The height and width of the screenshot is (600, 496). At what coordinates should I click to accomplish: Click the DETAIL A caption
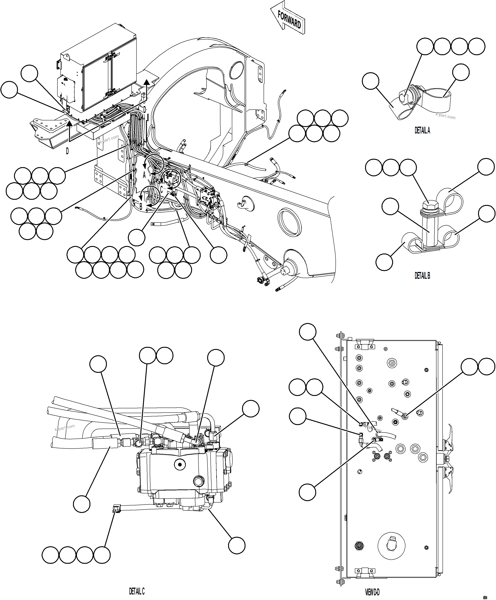pos(422,130)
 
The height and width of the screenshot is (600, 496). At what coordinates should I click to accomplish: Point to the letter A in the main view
pos(144,175)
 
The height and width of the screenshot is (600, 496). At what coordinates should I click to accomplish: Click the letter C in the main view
pos(161,189)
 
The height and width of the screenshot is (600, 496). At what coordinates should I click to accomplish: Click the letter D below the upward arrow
pos(67,151)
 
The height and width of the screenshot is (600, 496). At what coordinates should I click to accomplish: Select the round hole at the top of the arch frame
pos(237,70)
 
